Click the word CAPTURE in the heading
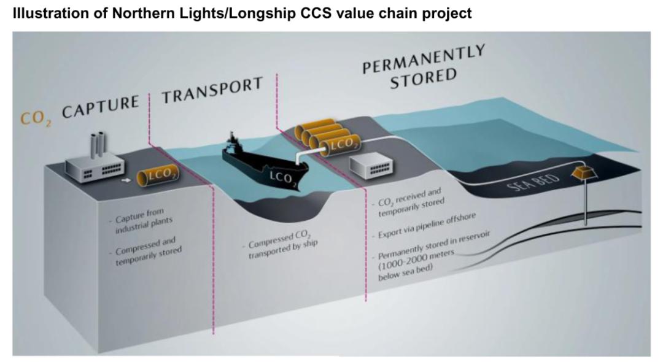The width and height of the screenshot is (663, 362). [101, 107]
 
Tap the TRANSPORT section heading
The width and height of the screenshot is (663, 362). [212, 90]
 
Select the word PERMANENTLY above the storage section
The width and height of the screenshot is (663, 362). [424, 59]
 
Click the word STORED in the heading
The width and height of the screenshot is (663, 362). [423, 79]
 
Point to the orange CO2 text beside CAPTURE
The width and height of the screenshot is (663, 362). [36, 118]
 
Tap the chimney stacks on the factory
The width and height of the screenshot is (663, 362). [98, 144]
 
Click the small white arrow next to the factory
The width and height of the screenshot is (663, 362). [126, 180]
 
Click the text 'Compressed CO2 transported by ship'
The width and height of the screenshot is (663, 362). [280, 244]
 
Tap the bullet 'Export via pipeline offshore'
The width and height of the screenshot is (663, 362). [424, 226]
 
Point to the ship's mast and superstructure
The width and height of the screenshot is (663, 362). [231, 142]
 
